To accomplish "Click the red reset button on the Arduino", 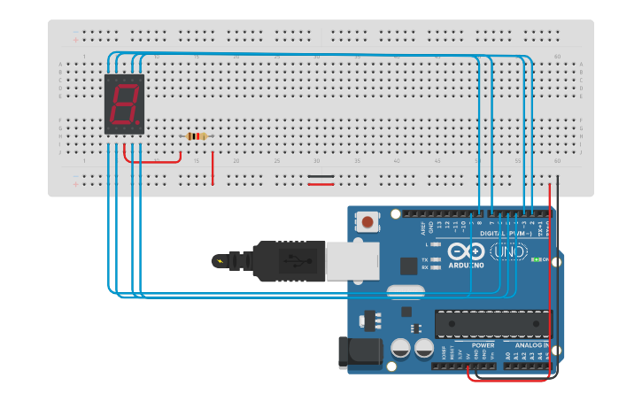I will point(367,220).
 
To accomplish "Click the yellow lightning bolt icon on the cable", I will point(219,260).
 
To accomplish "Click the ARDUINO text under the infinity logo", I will point(466,265).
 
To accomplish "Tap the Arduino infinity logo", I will point(465,251).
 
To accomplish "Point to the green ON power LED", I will point(536,259).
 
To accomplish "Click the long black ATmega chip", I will point(491,324).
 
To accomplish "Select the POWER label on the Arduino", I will point(470,345).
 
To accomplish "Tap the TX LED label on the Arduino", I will point(425,258).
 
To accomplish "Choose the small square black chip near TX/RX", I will point(408,265).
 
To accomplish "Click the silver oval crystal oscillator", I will point(406,291).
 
